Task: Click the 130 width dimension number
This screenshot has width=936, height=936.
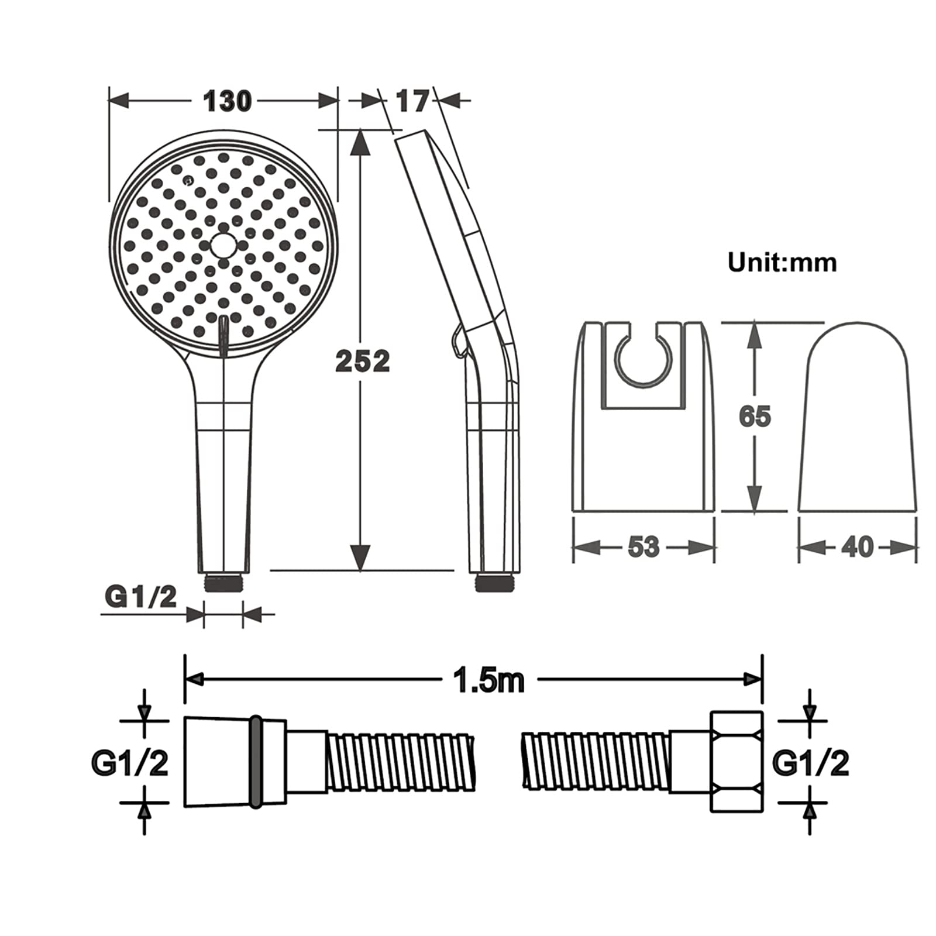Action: click(x=227, y=101)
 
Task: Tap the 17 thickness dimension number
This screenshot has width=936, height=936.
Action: click(x=412, y=101)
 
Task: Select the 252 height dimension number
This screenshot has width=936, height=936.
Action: click(x=362, y=361)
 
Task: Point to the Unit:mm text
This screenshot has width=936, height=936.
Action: click(x=782, y=262)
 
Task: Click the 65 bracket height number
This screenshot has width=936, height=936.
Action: click(x=755, y=416)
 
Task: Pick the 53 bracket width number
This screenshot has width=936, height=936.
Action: click(x=643, y=547)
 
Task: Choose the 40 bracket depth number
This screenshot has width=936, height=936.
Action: click(x=858, y=547)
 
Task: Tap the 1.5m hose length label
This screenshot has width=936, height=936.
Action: click(x=490, y=680)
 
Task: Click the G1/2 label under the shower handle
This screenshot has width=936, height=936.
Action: click(x=140, y=597)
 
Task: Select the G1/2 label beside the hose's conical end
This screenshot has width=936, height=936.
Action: click(x=129, y=763)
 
